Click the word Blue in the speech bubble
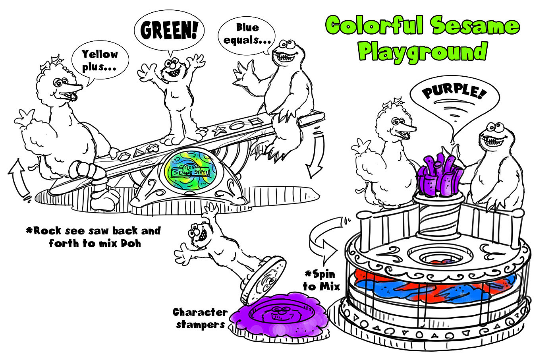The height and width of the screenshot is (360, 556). [247, 27]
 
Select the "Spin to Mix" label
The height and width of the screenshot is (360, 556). [321, 280]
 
